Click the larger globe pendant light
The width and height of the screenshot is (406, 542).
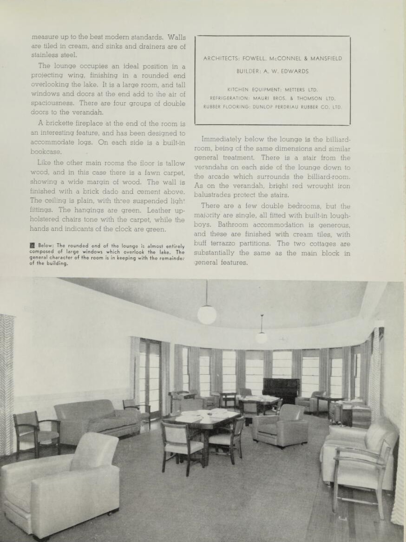pos(207,314)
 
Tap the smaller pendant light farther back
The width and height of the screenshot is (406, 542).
pos(262,338)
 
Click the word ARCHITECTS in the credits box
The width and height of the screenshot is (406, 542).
pos(221,59)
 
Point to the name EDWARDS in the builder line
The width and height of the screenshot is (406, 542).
pos(295,72)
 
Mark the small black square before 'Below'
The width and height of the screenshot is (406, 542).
pos(33,246)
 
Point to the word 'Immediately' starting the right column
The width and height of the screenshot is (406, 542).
pos(222,139)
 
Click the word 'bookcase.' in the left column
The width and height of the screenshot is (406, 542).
pos(46,152)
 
